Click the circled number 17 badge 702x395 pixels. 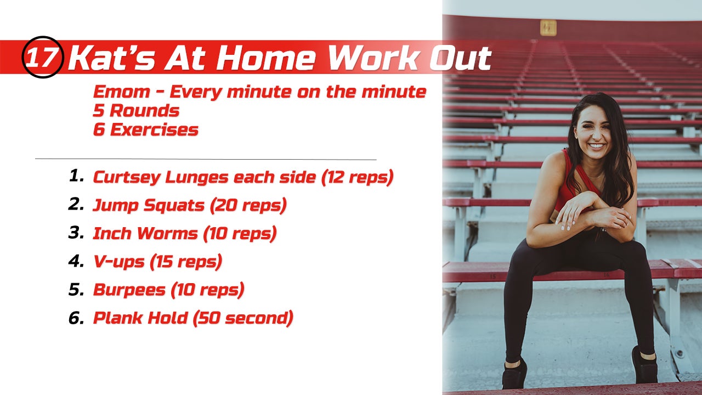click(43, 57)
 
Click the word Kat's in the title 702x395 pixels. click(111, 58)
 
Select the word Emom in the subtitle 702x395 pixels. click(122, 92)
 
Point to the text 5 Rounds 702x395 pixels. click(136, 111)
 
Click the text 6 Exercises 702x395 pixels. click(146, 130)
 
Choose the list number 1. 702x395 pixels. click(76, 176)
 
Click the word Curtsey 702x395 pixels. click(127, 178)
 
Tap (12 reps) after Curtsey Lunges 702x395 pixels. click(357, 178)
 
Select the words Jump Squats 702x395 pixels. click(148, 206)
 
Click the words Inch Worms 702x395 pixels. click(145, 234)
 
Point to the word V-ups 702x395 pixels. click(119, 262)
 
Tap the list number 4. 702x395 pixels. click(76, 261)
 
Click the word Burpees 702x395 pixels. click(129, 290)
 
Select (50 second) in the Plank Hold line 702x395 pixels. click(243, 318)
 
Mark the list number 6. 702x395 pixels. click(76, 318)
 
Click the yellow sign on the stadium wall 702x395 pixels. click(548, 28)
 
